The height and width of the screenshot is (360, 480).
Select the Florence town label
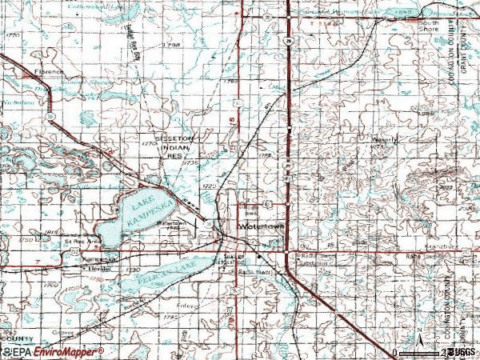49,70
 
